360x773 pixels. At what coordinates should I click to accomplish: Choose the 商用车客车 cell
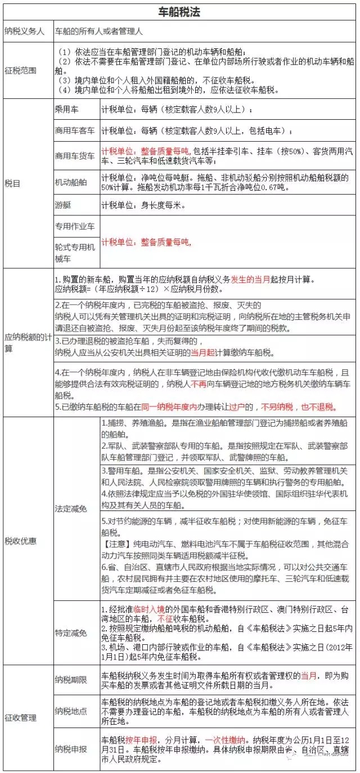[75, 131]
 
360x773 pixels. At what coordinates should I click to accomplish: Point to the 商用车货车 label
[75, 156]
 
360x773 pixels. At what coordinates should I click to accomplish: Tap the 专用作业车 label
[75, 227]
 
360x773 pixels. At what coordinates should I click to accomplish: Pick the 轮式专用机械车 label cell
[75, 252]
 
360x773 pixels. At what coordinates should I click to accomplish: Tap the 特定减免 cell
[71, 633]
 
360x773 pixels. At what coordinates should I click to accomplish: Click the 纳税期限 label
[71, 680]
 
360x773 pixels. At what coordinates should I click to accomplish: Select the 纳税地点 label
[71, 711]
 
